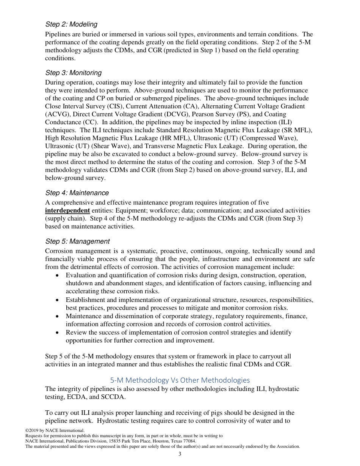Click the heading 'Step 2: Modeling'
click(x=71, y=24)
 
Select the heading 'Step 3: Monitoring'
click(x=74, y=73)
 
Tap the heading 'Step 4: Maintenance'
click(x=77, y=193)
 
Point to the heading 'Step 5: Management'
click(x=77, y=241)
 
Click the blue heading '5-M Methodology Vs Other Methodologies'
click(x=180, y=380)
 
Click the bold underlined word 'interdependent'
click(x=67, y=211)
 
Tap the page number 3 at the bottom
click(x=180, y=454)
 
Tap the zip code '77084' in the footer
click(x=188, y=441)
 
